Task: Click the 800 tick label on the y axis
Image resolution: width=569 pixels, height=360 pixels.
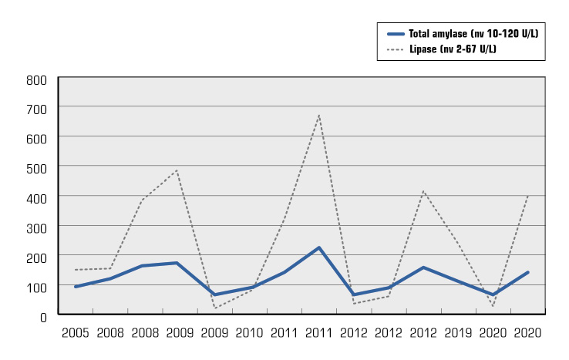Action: click(37, 79)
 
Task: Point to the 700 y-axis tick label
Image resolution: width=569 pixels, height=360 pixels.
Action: click(37, 108)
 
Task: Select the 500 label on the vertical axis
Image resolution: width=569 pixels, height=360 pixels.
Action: click(37, 167)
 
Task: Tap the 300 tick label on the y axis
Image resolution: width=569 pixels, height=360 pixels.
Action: click(37, 227)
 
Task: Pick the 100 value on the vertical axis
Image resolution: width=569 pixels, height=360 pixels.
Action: click(37, 286)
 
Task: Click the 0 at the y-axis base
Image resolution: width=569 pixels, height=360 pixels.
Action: click(43, 315)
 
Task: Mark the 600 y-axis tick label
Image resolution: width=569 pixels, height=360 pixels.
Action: click(37, 138)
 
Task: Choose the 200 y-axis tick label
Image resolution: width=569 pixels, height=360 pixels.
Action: click(37, 256)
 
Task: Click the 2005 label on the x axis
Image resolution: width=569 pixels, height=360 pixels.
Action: click(75, 333)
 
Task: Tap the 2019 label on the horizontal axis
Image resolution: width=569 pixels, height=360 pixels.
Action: click(458, 333)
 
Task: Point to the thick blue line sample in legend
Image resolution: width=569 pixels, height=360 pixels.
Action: click(395, 34)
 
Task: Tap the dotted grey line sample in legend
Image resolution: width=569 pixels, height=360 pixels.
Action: click(395, 49)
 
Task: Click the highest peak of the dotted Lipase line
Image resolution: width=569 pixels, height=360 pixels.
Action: click(318, 116)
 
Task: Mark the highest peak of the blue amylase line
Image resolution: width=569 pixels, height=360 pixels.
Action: click(318, 247)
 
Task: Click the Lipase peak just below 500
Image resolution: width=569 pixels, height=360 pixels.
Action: click(177, 170)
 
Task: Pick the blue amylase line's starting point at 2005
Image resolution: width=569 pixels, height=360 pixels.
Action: click(75, 287)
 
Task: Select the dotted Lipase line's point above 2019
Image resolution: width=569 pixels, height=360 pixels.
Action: click(458, 244)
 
